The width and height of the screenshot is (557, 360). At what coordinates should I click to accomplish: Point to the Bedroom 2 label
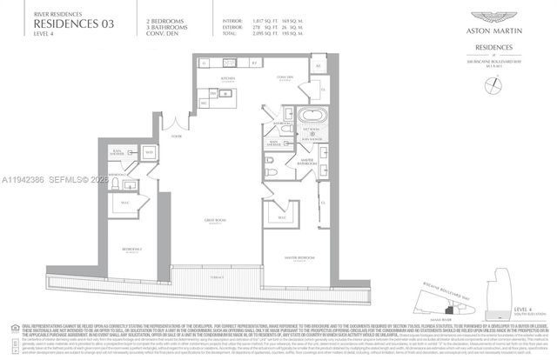coord(132,249)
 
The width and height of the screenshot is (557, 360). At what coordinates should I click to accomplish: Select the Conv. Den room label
coord(284,77)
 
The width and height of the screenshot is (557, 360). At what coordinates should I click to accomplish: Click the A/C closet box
coord(318,66)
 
